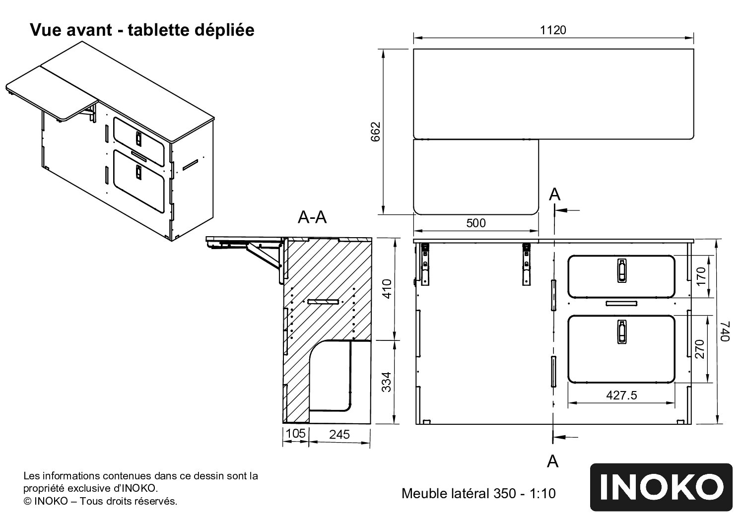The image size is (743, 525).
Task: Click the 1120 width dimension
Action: pos(553,30)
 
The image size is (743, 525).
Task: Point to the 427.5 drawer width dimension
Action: pos(621,395)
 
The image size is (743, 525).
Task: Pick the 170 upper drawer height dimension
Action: pos(700,276)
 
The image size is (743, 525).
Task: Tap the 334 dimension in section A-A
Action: pos(387,382)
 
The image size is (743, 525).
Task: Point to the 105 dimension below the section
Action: pos(295,434)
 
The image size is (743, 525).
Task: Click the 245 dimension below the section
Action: pos(339,434)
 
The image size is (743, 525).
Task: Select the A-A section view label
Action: pos(312,217)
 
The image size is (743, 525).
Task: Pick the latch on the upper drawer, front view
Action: pos(621,271)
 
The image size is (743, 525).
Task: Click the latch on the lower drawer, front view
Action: pos(621,331)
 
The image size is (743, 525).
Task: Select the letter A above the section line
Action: pos(554,195)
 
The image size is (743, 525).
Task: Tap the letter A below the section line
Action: pos(552,461)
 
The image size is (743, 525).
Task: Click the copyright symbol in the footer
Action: pos(28,501)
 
